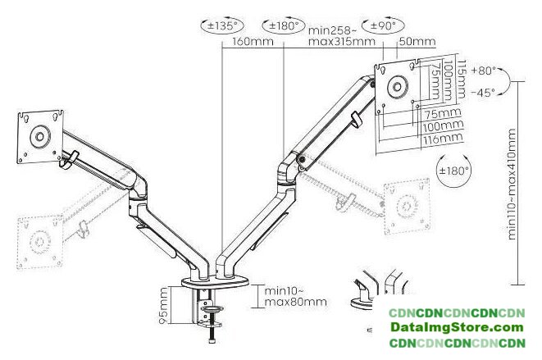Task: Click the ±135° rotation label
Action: click(222, 26)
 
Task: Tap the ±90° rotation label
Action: click(383, 26)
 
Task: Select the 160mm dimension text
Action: click(253, 42)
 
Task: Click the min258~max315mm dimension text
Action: click(341, 35)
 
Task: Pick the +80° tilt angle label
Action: click(483, 71)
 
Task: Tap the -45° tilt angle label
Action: click(483, 93)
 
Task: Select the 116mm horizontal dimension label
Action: click(443, 139)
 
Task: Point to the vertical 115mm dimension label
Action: click(461, 80)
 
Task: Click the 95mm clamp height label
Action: click(163, 306)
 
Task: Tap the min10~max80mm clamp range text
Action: click(295, 296)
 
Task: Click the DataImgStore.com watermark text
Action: click(457, 327)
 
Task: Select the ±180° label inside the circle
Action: click(454, 171)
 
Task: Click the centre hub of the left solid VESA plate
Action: click(39, 137)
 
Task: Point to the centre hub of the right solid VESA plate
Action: click(398, 86)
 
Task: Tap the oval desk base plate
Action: click(215, 282)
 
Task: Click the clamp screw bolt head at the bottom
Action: click(212, 341)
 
